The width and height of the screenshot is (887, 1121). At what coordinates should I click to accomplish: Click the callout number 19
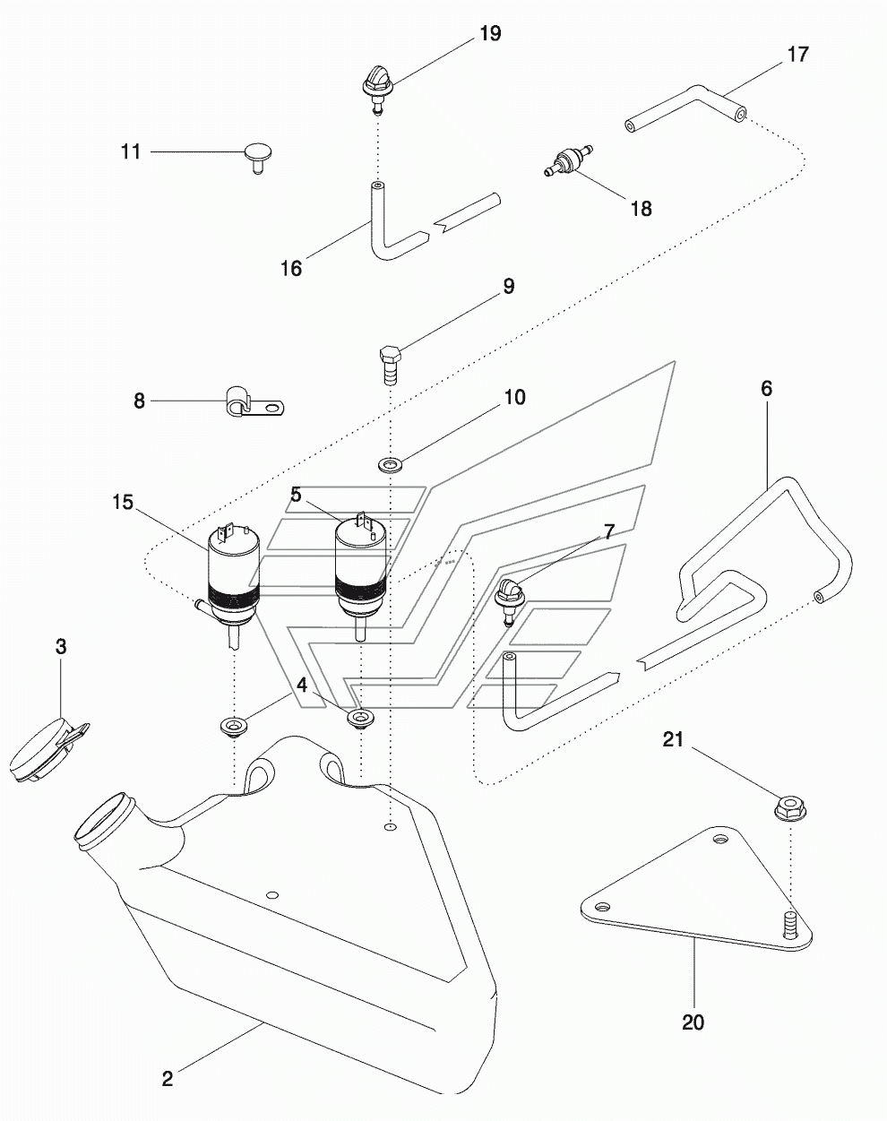point(489,34)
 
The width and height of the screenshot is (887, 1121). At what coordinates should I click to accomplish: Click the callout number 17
point(797,54)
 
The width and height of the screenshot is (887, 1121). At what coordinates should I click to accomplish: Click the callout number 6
point(766,389)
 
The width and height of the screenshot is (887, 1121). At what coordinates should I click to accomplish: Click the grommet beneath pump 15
point(234,726)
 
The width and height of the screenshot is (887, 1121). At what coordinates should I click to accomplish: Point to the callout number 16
point(291,268)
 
